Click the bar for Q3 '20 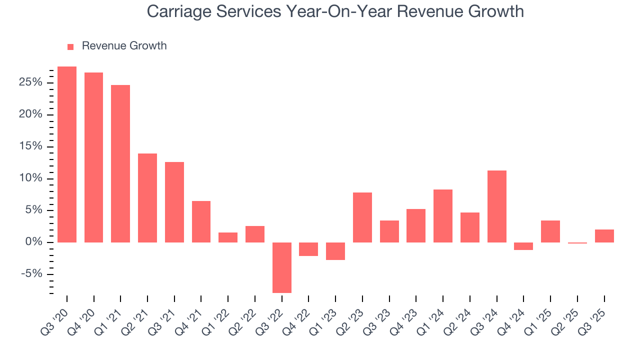(x=67, y=154)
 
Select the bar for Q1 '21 (x=120, y=163)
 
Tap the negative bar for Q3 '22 (x=281, y=267)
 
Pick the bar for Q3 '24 (x=496, y=206)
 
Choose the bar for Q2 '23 (x=362, y=217)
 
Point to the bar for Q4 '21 (x=201, y=221)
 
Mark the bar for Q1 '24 (x=443, y=216)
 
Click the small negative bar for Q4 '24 (x=523, y=246)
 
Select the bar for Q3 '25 (x=604, y=236)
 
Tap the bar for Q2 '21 (x=147, y=198)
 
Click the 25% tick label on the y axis (x=31, y=82)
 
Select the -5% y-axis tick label (x=32, y=274)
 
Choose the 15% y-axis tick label (x=31, y=146)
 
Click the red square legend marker (x=70, y=46)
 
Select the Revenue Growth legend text (x=124, y=46)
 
